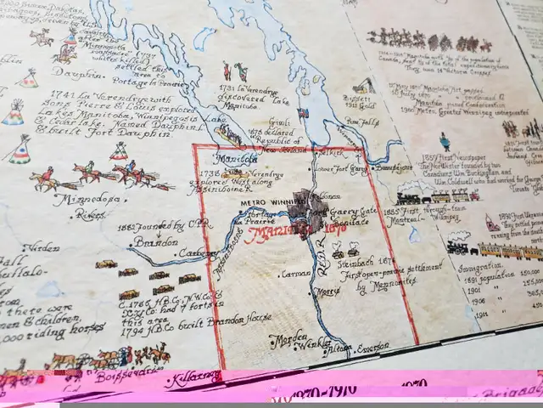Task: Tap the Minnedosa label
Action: pyautogui.click(x=78, y=201)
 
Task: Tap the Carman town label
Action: pyautogui.click(x=294, y=275)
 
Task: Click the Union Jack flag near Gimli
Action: pyautogui.click(x=304, y=112)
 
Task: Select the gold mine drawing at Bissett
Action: pyautogui.click(x=364, y=86)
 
